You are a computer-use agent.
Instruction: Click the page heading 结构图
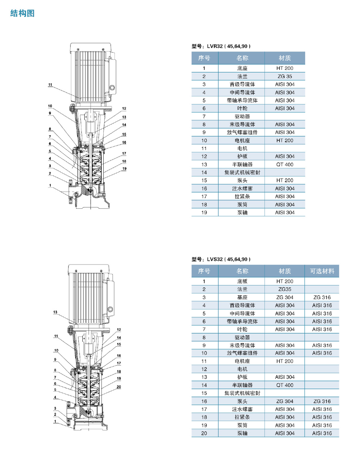22,14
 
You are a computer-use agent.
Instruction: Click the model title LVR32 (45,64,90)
221,46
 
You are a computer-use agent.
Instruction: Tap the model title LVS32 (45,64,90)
221,259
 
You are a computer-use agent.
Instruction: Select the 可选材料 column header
322,271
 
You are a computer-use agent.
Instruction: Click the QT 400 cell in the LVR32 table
284,164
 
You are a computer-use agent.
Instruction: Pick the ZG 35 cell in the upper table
284,76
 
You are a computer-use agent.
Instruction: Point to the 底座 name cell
242,68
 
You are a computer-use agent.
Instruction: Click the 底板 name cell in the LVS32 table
242,281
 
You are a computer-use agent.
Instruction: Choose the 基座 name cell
242,297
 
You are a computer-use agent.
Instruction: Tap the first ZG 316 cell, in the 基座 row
322,297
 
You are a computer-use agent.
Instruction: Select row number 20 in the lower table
204,433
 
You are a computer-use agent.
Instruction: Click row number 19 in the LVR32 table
204,213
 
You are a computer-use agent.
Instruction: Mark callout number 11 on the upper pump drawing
50,85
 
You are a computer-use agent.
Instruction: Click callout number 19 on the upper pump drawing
124,168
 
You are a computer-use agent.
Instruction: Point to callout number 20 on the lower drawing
119,387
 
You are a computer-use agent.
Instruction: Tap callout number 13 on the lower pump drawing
55,312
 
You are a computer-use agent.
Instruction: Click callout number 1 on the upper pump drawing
50,186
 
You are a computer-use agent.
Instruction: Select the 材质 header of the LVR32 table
284,58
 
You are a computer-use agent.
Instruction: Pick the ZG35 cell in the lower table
284,289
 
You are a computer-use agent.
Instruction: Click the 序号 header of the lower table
204,271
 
